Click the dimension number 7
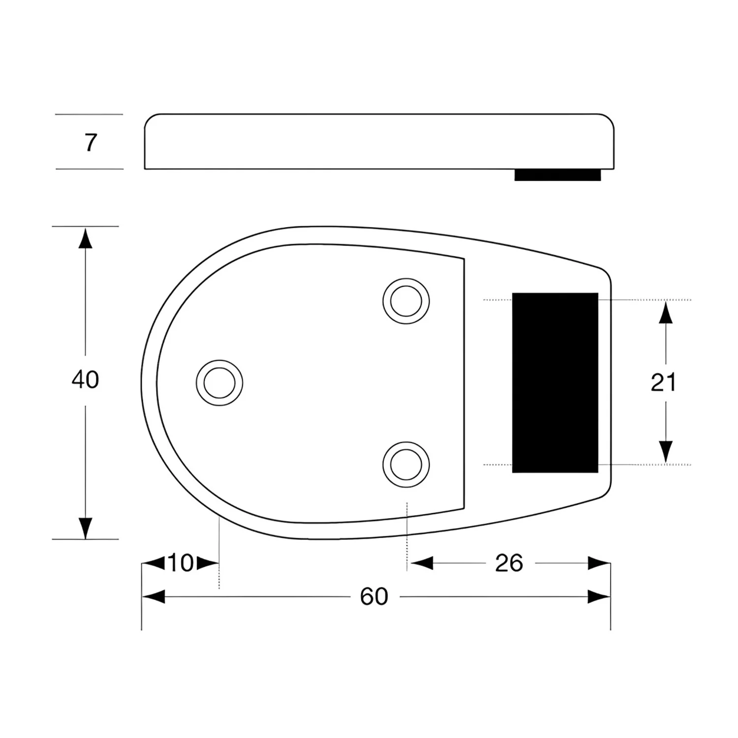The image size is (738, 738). click(x=91, y=143)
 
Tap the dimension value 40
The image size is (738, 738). click(x=85, y=380)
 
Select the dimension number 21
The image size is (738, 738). click(x=663, y=382)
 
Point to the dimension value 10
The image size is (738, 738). click(x=181, y=563)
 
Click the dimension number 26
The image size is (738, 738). click(x=509, y=563)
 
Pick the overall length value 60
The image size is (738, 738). click(x=374, y=597)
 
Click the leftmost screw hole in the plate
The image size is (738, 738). click(x=219, y=383)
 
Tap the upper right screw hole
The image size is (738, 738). click(x=406, y=301)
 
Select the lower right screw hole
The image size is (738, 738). click(x=406, y=464)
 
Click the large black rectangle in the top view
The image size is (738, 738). click(x=555, y=383)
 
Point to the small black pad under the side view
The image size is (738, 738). click(x=557, y=175)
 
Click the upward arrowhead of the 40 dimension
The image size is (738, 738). click(x=86, y=238)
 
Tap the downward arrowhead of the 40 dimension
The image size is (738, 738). click(x=86, y=528)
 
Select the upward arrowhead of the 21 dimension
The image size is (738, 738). click(x=666, y=312)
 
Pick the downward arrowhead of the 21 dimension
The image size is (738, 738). click(x=666, y=452)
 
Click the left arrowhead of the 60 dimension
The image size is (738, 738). click(x=153, y=597)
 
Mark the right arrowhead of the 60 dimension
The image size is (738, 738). click(x=599, y=597)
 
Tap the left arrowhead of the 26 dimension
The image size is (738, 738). click(x=422, y=563)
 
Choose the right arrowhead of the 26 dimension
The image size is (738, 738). click(x=599, y=563)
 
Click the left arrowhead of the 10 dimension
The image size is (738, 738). click(x=153, y=563)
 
